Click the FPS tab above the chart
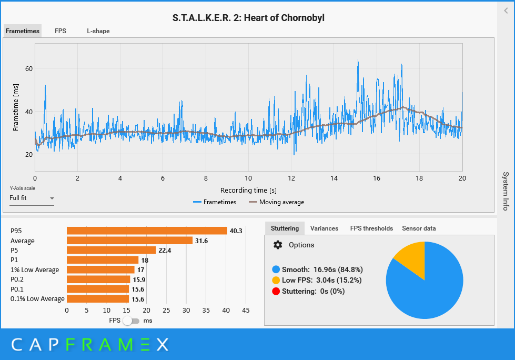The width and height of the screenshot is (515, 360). pos(60,31)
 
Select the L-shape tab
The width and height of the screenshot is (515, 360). pos(98,31)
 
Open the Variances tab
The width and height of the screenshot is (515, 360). pos(324,228)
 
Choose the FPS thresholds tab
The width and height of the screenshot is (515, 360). pos(371,228)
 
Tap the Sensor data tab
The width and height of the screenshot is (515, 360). pos(419,228)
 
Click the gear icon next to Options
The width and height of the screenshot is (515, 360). pos(278,245)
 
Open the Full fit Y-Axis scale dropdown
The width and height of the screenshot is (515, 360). pos(32,198)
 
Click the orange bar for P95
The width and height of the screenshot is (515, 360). pos(147,231)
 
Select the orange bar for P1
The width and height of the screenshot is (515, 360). pos(103,260)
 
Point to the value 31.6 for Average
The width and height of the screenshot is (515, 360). pos(201,241)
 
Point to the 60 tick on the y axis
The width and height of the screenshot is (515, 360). pos(28,68)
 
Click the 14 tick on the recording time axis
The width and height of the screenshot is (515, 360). pos(334,178)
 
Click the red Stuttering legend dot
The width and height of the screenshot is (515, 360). pos(276,291)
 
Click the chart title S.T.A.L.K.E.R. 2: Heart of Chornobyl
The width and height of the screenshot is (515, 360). pos(248,18)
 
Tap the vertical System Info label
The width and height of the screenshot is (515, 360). pos(505,191)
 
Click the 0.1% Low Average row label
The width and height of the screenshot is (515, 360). pos(37,299)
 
